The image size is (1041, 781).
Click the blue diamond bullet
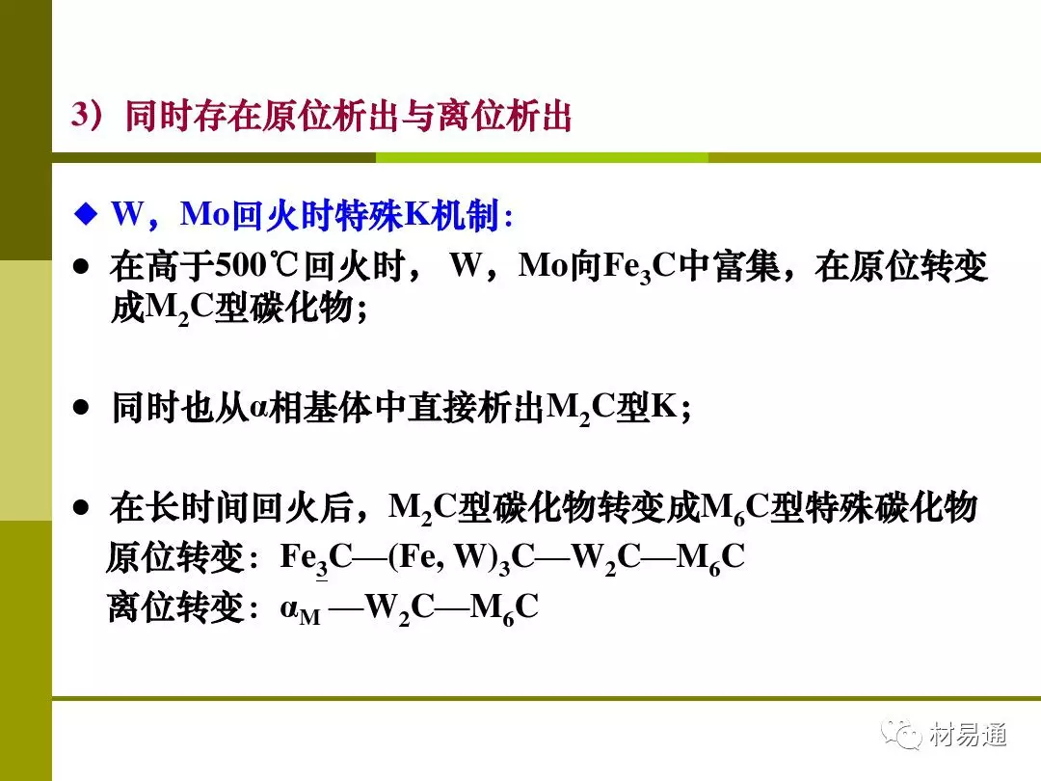(86, 214)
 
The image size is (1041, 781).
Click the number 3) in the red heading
(88, 114)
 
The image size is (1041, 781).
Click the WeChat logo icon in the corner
(901, 734)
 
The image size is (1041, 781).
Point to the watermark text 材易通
(968, 735)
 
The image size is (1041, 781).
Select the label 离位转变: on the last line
(182, 607)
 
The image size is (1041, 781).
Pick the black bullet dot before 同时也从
(81, 407)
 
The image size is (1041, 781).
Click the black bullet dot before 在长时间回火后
(81, 508)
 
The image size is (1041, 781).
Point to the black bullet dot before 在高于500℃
(81, 267)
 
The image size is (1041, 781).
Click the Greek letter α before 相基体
(258, 408)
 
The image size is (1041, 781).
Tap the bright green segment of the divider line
(542, 157)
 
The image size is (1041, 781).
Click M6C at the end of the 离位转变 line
(504, 607)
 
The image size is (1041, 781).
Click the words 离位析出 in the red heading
(504, 116)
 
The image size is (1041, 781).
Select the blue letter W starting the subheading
(128, 214)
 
